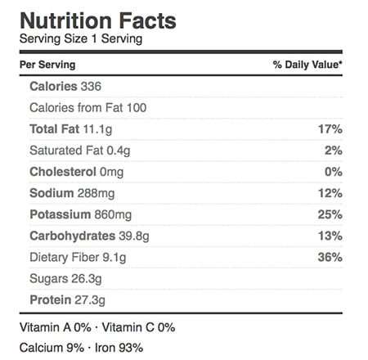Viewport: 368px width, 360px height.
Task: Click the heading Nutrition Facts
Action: (98, 20)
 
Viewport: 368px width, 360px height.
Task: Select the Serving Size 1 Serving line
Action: (81, 38)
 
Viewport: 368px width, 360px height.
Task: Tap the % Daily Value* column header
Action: (307, 65)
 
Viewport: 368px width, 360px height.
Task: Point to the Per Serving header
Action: (47, 65)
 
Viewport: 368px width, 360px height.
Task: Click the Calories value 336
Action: (91, 87)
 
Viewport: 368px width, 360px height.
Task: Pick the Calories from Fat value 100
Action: (137, 108)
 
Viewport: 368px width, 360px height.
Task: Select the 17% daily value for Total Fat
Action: (330, 129)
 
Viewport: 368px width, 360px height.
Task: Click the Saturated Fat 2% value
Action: (334, 151)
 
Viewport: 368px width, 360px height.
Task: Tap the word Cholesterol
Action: (63, 172)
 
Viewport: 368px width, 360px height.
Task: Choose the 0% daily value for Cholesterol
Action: (334, 172)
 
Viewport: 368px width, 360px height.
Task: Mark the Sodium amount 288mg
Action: (96, 193)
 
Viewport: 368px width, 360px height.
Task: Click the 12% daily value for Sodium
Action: (330, 193)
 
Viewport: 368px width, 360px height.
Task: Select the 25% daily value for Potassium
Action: (330, 214)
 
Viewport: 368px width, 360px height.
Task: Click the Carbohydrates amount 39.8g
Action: (134, 236)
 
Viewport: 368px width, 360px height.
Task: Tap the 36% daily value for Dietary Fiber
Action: (330, 257)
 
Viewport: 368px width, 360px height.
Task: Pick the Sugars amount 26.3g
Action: (87, 279)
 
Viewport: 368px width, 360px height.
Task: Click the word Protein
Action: (51, 300)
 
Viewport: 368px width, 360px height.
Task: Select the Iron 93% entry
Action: (119, 348)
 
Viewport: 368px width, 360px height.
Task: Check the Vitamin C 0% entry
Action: (138, 327)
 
